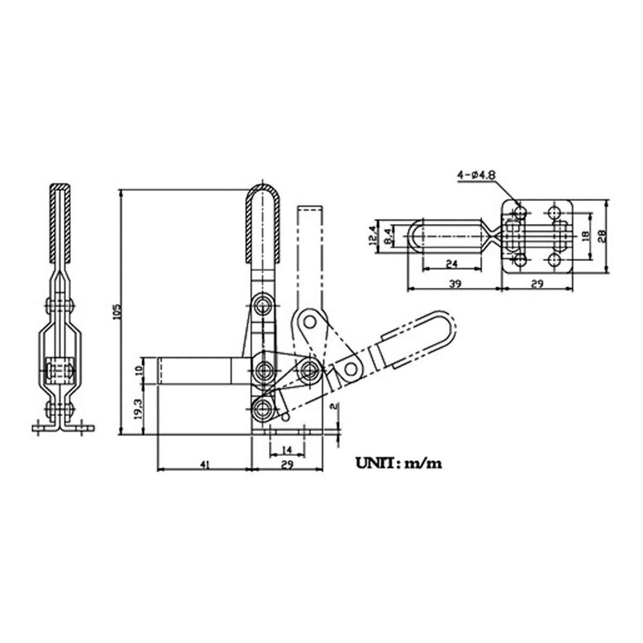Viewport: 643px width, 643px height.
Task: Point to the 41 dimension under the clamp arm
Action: pos(204,465)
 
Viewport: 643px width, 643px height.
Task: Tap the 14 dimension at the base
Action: pos(286,449)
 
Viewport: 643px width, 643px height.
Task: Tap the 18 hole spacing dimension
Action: pos(585,235)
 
